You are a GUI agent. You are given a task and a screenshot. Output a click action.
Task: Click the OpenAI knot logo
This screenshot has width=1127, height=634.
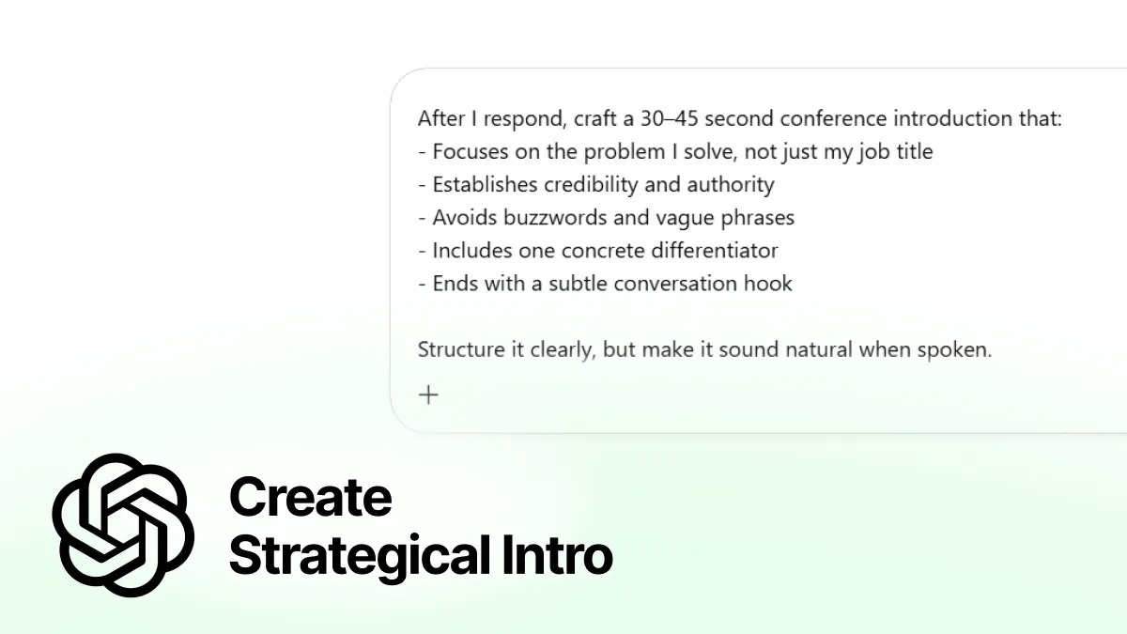pyautogui.click(x=123, y=524)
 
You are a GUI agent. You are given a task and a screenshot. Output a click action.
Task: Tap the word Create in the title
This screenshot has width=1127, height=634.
pyautogui.click(x=310, y=497)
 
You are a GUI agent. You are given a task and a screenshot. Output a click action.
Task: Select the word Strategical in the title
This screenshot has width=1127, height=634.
pyautogui.click(x=354, y=555)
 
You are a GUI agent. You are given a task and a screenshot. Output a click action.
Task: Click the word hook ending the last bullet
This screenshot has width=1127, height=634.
pyautogui.click(x=768, y=284)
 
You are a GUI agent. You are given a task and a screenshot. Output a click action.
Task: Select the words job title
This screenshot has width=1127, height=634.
pyautogui.click(x=895, y=152)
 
